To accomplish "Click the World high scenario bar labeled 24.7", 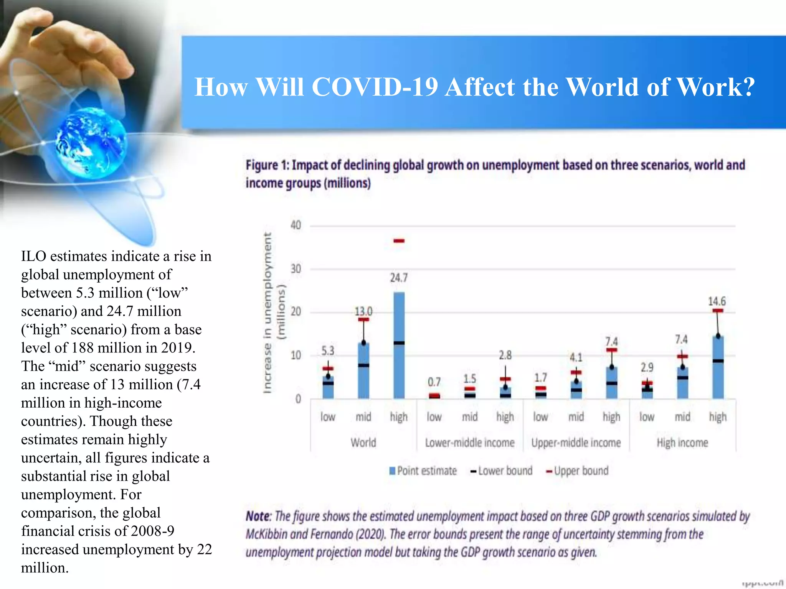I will tap(399, 345).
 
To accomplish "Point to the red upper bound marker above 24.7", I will tap(399, 241).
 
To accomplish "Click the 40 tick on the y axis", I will tap(296, 225).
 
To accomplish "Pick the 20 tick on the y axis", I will tap(296, 312).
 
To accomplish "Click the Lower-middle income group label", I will tap(469, 443).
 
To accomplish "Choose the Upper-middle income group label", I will tap(576, 443).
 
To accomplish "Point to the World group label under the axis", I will tap(363, 443).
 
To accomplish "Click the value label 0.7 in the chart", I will tap(434, 382).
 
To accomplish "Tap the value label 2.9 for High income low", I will tap(647, 368).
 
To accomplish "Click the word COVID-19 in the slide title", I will tap(375, 87).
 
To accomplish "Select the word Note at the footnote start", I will tap(258, 517).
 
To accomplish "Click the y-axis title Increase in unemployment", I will tap(268, 313).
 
